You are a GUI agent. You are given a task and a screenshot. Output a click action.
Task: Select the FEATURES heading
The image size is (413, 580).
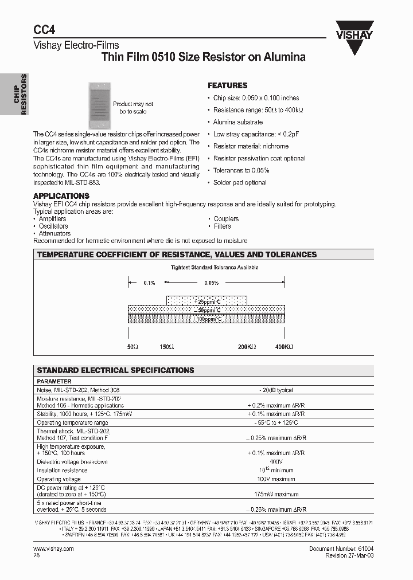point(227,85)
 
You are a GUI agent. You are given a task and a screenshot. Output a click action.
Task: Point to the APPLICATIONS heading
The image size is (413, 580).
point(61,196)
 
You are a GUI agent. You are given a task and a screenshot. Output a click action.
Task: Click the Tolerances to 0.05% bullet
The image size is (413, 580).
point(241,170)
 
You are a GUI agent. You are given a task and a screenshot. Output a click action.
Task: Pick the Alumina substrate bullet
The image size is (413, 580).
point(238,122)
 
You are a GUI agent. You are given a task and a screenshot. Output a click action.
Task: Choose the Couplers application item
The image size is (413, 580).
point(226,219)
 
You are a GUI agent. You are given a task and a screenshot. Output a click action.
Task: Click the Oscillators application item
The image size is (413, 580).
point(53,226)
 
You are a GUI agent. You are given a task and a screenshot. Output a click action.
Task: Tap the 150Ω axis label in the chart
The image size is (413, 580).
point(167,347)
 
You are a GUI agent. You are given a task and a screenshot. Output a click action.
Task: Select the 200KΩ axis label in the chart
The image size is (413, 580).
point(247,347)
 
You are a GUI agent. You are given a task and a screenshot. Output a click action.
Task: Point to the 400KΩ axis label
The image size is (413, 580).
point(285,347)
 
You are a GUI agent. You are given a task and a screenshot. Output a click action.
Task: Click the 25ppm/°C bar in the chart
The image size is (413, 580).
point(206,301)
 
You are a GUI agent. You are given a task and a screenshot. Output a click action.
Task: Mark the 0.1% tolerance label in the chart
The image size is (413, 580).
point(150,283)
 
